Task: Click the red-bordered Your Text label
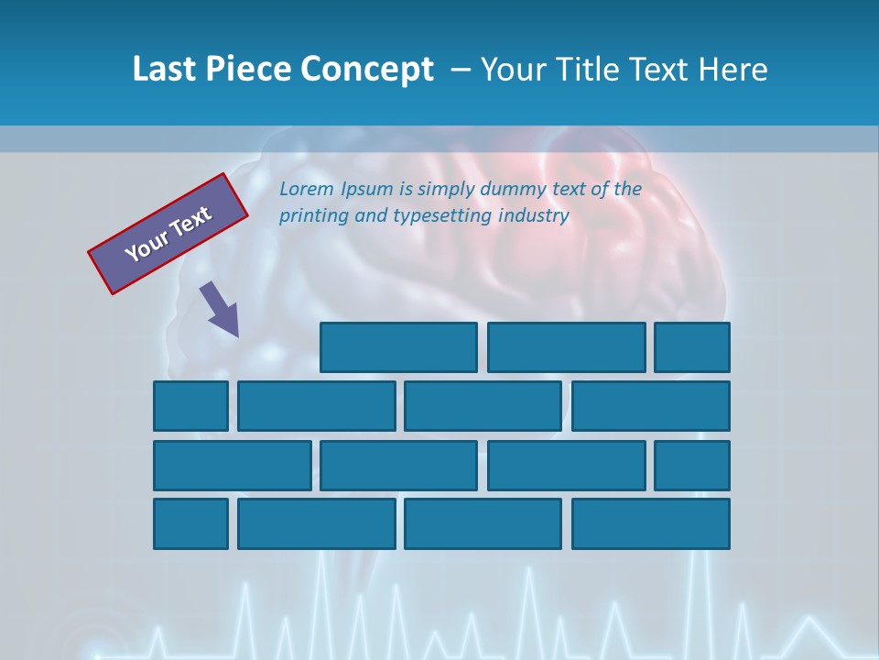click(168, 234)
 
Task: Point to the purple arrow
click(220, 309)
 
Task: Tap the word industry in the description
click(534, 216)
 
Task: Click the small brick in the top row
click(692, 347)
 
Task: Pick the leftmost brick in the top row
click(398, 347)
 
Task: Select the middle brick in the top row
click(566, 347)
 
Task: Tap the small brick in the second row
click(190, 406)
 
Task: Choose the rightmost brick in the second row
click(650, 406)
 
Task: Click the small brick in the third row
click(692, 466)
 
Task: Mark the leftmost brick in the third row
click(232, 466)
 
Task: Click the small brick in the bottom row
click(190, 524)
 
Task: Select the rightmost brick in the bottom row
click(650, 524)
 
